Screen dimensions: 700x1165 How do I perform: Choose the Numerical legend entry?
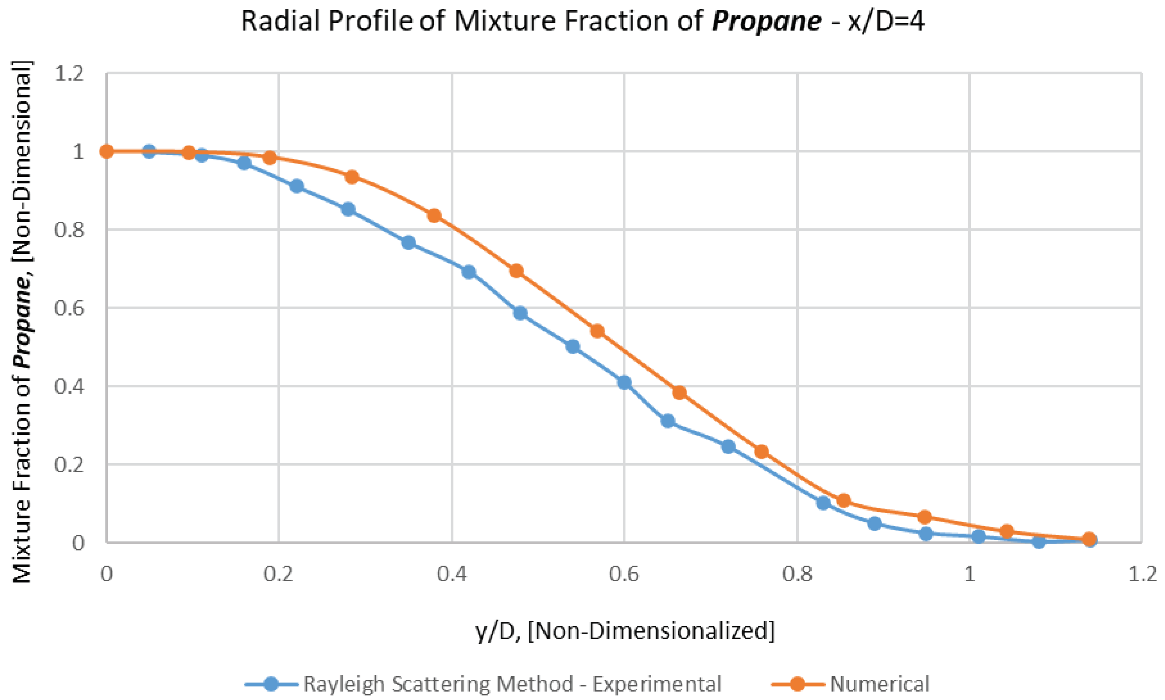point(879,684)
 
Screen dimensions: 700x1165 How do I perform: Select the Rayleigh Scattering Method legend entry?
point(512,684)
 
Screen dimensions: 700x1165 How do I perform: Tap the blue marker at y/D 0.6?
point(624,382)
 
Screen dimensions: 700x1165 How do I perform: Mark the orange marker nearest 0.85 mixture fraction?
point(434,216)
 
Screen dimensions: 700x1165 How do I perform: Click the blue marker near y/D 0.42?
point(469,272)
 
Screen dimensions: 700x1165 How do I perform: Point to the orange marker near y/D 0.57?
point(597,331)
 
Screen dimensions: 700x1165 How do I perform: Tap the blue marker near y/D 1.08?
point(1039,542)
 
